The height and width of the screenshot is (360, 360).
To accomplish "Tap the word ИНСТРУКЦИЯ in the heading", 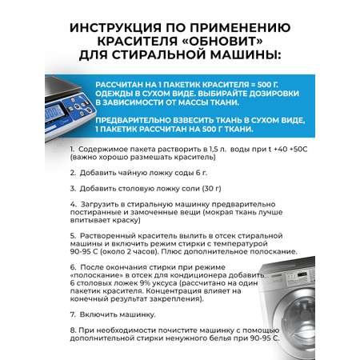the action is click(115, 28).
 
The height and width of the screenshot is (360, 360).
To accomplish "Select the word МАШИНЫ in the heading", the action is click(246, 54).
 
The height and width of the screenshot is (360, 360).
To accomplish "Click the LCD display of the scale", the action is click(54, 112).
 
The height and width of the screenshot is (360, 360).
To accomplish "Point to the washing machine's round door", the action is click(302, 320).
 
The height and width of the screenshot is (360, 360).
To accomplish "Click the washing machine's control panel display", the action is click(302, 274).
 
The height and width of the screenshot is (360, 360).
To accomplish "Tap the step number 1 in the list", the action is click(72, 149).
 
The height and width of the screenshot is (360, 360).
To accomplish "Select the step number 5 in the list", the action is click(73, 236).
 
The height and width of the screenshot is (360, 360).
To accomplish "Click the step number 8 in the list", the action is click(73, 330).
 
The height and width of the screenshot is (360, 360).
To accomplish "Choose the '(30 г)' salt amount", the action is click(211, 189).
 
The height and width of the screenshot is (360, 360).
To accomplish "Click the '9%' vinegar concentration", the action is click(145, 283).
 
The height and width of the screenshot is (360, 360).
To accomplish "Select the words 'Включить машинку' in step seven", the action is click(118, 314).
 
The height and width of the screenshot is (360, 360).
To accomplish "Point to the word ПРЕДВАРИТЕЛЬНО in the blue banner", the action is click(133, 120).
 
